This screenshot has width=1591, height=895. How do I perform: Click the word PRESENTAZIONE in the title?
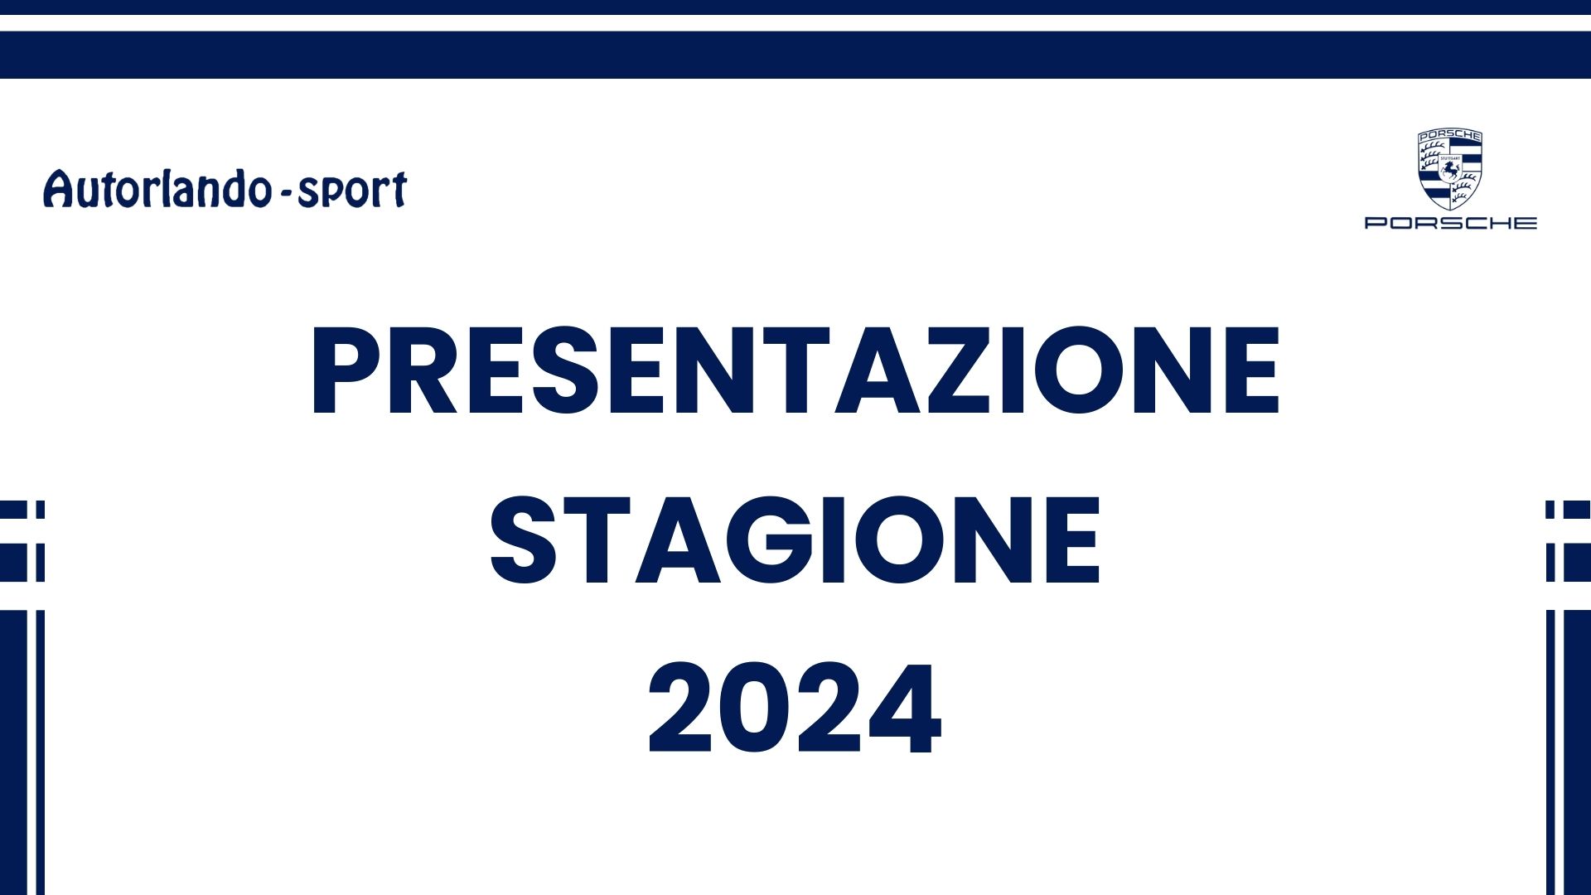tap(795, 370)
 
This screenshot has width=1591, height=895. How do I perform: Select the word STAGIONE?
tap(795, 540)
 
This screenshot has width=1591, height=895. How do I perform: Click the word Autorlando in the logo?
tap(157, 188)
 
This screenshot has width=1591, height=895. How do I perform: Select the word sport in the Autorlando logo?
tap(352, 191)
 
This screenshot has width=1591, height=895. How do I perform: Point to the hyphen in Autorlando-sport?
tap(284, 194)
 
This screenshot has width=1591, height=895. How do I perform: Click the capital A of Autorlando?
tap(59, 188)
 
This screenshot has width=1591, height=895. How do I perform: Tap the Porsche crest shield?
tap(1450, 169)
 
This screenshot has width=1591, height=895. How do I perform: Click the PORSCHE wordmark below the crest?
tap(1451, 223)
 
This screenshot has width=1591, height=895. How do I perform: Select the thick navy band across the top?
tap(795, 55)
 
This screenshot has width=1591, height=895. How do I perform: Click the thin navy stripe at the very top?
tap(795, 7)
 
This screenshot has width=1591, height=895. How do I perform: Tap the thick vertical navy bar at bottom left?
tap(13, 752)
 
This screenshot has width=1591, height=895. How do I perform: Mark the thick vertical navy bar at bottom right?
tap(1577, 752)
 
